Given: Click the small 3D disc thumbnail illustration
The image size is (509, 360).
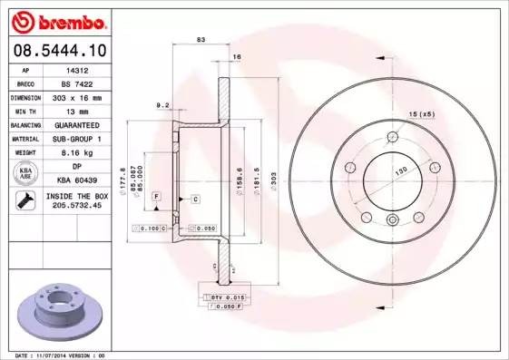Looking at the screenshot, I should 57,311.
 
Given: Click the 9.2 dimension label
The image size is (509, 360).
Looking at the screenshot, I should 163,105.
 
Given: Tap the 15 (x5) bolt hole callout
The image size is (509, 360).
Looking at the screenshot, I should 422,113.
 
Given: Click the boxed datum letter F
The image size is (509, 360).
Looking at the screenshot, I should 157,196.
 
